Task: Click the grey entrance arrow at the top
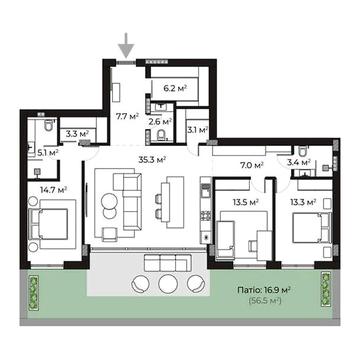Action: pyautogui.click(x=127, y=45)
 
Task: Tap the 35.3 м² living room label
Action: pyautogui.click(x=152, y=160)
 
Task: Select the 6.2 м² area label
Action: pyautogui.click(x=175, y=89)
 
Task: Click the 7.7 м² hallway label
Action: pyautogui.click(x=127, y=117)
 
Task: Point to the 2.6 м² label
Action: pyautogui.click(x=160, y=122)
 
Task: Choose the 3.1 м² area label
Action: pyautogui.click(x=198, y=130)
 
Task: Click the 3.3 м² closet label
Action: pyautogui.click(x=77, y=134)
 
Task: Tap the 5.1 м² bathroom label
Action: pyautogui.click(x=48, y=153)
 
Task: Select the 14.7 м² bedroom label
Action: pyautogui.click(x=54, y=190)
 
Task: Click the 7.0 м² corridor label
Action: pyautogui.click(x=252, y=165)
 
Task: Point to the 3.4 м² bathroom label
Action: pyautogui.click(x=299, y=163)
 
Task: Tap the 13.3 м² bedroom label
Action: pyautogui.click(x=303, y=202)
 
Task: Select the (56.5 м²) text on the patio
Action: pyautogui.click(x=265, y=301)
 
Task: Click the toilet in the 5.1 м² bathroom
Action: pyautogui.click(x=49, y=125)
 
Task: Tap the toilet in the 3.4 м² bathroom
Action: pyautogui.click(x=303, y=151)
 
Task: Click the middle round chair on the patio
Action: pyautogui.click(x=167, y=283)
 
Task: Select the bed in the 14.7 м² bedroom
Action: pyautogui.click(x=50, y=223)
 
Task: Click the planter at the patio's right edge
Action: pyautogui.click(x=325, y=289)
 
